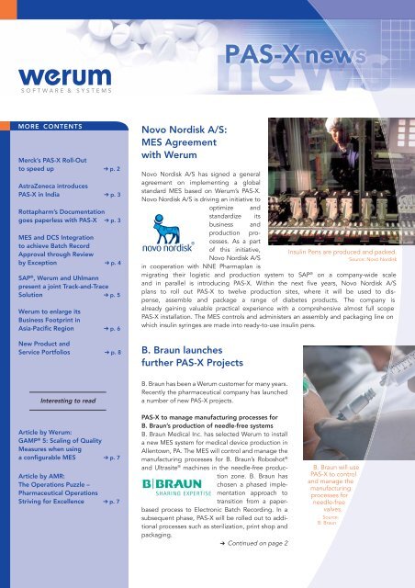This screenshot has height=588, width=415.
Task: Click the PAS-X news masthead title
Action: click(325, 57)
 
